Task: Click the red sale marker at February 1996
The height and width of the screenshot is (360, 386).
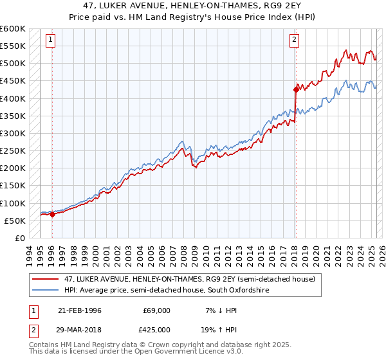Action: [52, 214]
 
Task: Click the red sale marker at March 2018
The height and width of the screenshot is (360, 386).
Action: [295, 89]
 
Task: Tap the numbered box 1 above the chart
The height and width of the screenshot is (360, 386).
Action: [51, 40]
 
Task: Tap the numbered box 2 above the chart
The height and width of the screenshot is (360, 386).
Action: [294, 40]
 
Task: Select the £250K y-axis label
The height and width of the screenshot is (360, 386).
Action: [13, 151]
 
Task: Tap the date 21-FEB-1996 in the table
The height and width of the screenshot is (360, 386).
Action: [79, 310]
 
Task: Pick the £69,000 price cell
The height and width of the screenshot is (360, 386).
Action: [156, 310]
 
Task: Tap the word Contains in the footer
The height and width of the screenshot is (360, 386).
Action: [44, 346]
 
